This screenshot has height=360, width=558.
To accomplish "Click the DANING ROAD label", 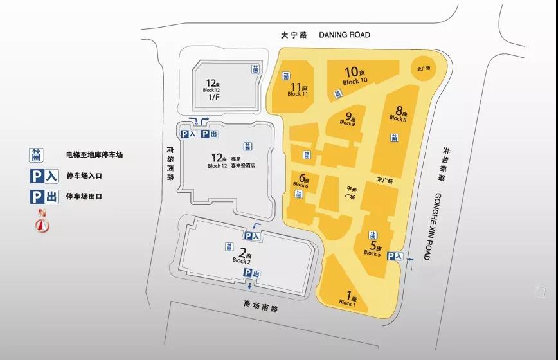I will point(345,35).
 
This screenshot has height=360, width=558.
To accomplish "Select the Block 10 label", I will point(355,76).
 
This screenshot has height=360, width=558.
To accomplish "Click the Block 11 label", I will point(298,90).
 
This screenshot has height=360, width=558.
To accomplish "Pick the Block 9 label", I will point(348,120).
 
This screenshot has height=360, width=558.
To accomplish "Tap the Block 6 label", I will point(301,182).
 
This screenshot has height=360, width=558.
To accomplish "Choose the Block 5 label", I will point(373,250).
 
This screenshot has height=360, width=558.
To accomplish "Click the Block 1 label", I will point(347,300).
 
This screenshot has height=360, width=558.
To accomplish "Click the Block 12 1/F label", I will point(213,90).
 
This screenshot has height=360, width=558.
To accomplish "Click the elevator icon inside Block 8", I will point(393,137).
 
